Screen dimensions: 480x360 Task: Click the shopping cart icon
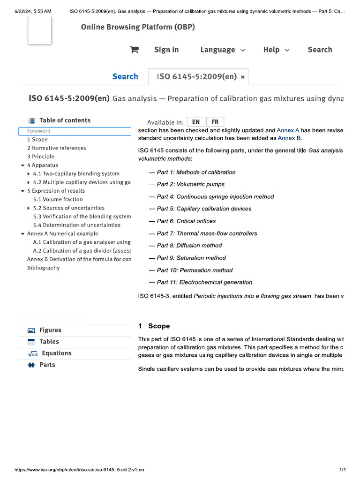(x=134, y=50)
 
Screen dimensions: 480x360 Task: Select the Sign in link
(x=166, y=50)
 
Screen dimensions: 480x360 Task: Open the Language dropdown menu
(x=222, y=50)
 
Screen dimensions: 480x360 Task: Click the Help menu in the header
(x=276, y=50)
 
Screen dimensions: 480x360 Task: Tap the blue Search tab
(x=125, y=76)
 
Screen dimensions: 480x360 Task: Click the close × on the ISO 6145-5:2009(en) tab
(x=242, y=77)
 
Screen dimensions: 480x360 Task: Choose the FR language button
(x=215, y=122)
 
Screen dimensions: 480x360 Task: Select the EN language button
(x=196, y=122)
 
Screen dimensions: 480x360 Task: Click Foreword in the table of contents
(x=39, y=131)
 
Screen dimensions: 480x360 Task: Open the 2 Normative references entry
(x=56, y=148)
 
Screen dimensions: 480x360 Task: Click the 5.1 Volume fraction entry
(x=58, y=199)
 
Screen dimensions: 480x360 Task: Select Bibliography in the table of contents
(x=43, y=268)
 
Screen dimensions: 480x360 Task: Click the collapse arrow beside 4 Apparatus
(x=22, y=165)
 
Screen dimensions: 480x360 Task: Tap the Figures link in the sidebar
(x=50, y=330)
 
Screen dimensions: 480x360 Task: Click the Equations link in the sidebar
(x=56, y=353)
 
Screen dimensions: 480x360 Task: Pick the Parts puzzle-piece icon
(x=31, y=365)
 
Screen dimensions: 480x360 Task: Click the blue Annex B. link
(x=290, y=138)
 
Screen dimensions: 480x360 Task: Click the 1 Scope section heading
(x=154, y=326)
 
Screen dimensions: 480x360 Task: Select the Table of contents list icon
(x=31, y=120)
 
